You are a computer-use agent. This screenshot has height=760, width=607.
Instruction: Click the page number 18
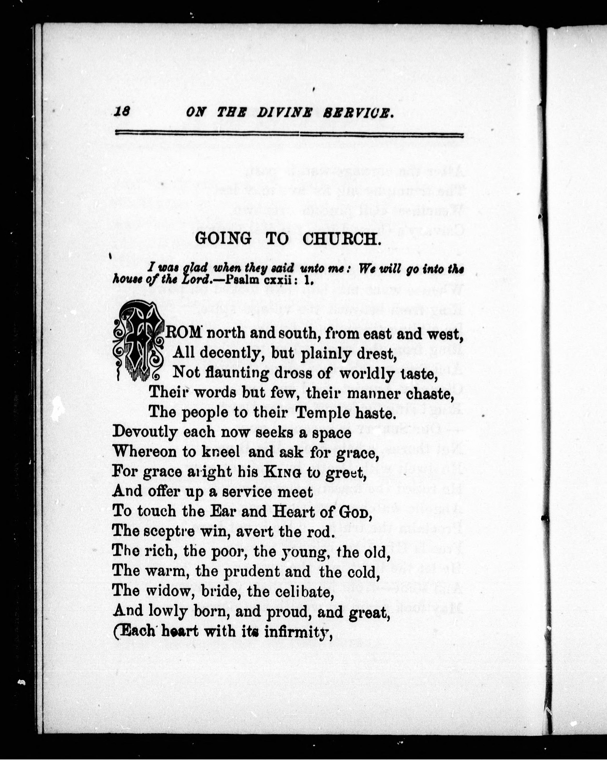[x=122, y=112]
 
